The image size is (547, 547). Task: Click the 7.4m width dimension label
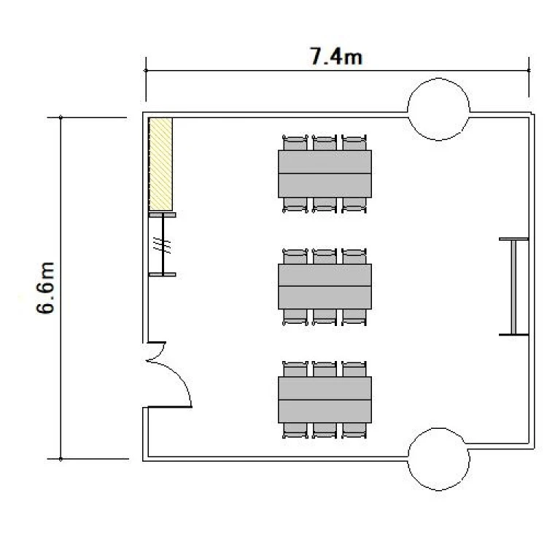(336, 56)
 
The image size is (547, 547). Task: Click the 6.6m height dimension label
(46, 288)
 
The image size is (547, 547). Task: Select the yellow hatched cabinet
(160, 164)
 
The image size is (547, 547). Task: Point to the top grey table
(325, 174)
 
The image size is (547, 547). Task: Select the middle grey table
(325, 287)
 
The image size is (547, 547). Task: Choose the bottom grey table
(325, 400)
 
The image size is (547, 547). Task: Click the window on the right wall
(513, 287)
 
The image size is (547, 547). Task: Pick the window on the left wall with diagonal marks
(163, 244)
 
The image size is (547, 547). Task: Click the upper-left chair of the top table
(295, 143)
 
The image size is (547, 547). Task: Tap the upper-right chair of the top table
(354, 143)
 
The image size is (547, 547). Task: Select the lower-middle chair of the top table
(325, 205)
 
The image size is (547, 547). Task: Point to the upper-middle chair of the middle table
(325, 257)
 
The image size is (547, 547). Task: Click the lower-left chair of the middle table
(295, 317)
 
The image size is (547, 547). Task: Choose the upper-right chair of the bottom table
(354, 369)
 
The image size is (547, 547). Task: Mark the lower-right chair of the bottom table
(354, 431)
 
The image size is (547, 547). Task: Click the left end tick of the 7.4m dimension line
(146, 71)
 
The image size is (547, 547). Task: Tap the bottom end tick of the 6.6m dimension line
(61, 459)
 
